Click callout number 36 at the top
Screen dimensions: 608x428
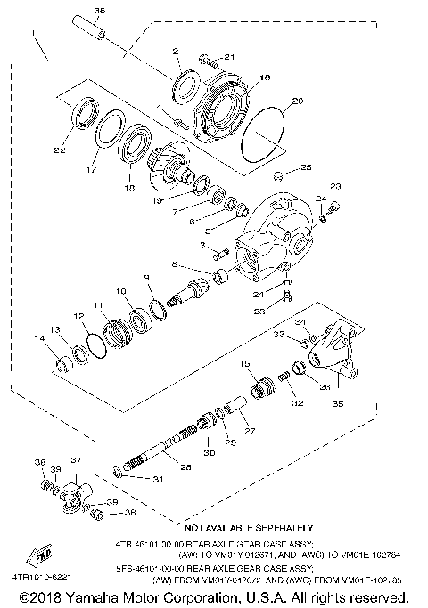point(99,11)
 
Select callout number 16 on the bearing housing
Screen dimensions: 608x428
point(240,79)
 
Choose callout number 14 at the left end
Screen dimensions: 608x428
point(38,338)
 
